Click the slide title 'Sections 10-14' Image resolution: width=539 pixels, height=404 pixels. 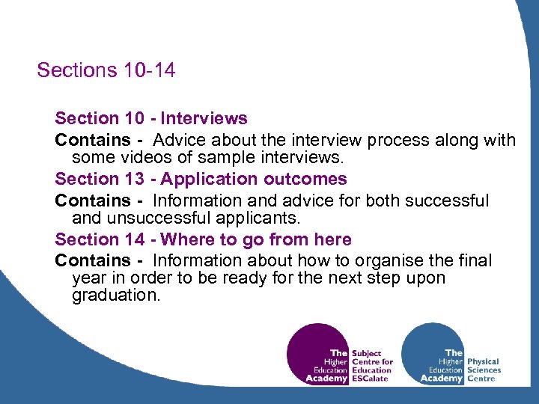coord(106,70)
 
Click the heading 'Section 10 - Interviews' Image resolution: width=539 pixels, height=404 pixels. coord(150,118)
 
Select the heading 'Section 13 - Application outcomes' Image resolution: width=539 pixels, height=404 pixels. coord(201,179)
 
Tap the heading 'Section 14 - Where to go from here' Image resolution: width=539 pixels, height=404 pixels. coord(203,239)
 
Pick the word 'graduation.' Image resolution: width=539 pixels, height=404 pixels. coord(116,296)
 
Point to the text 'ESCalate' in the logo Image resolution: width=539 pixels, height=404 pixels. coord(370,379)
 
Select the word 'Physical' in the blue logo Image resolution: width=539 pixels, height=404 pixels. coord(483,361)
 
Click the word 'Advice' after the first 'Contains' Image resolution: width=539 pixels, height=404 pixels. coord(177,140)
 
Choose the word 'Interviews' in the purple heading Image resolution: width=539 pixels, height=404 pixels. coord(204,118)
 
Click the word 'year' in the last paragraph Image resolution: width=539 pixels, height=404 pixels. coord(88,278)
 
